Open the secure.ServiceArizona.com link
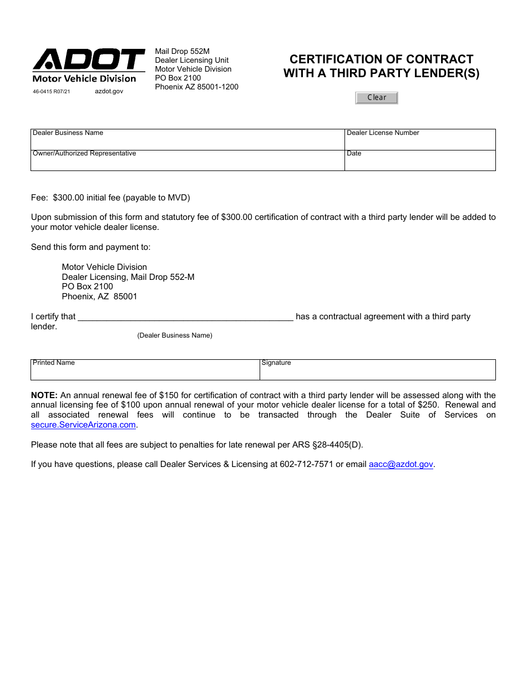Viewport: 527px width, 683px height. [83, 425]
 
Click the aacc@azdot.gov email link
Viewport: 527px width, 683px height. [401, 464]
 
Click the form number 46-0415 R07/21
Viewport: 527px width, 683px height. [52, 92]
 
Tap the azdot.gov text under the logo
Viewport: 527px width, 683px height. [109, 91]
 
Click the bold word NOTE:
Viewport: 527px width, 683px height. [44, 395]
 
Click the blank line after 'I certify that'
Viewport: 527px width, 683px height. [185, 317]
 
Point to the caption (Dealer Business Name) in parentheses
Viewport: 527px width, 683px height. [175, 335]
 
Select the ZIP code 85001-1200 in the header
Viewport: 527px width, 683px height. [218, 87]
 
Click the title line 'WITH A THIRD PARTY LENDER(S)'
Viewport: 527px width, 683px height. [381, 73]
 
